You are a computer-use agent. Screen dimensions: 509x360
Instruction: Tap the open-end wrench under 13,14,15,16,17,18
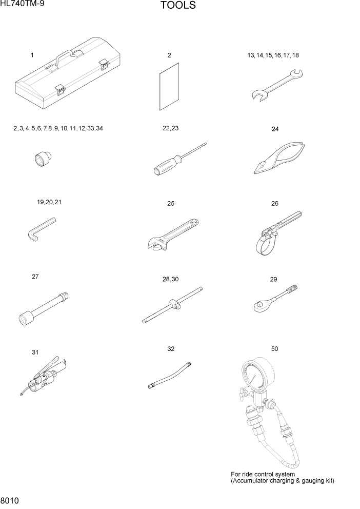pos(277,84)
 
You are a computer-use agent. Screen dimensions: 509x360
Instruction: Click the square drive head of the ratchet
pos(259,306)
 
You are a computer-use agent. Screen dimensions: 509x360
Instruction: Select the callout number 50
pos(274,349)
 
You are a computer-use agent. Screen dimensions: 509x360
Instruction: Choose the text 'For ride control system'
pos(263,474)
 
